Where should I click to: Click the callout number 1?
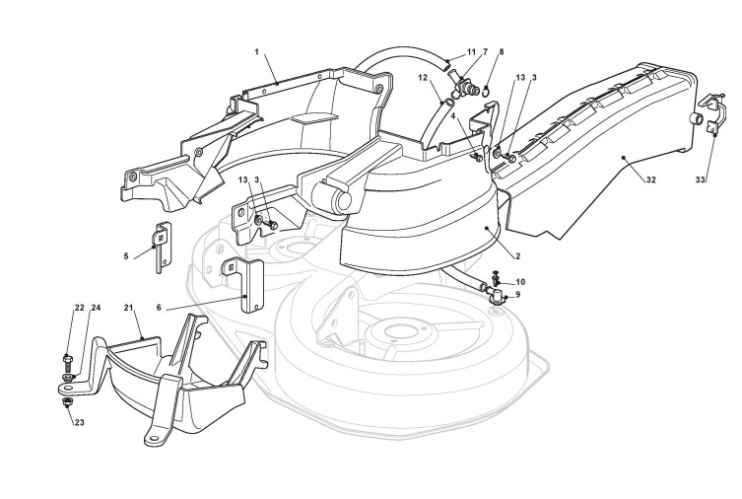point(257,50)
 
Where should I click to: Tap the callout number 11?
point(472,51)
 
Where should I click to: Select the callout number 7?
point(485,51)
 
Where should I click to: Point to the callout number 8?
point(502,51)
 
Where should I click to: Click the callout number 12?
point(423,77)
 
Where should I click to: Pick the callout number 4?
point(453,115)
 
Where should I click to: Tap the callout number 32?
point(651,181)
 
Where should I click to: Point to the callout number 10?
point(521,282)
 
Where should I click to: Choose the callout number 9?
point(519,295)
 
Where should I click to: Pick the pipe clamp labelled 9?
point(498,295)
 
